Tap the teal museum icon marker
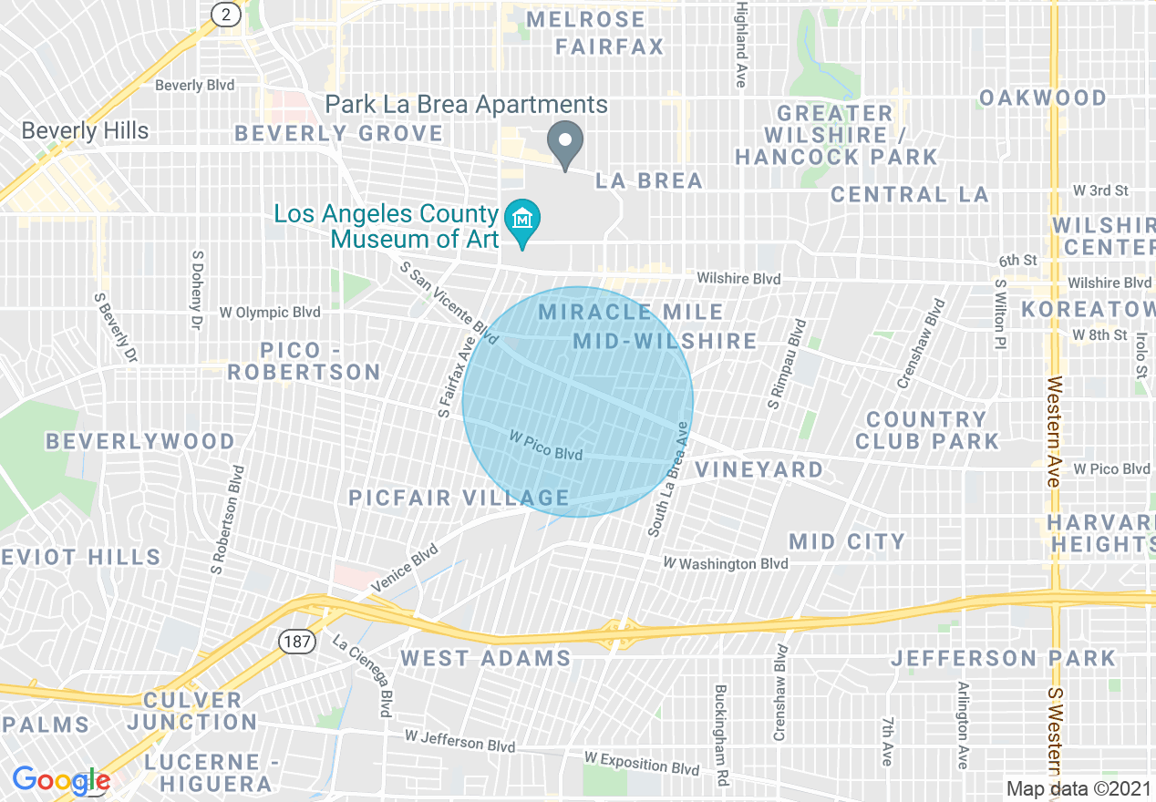(523, 221)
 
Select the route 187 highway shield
(296, 642)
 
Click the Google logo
(60, 780)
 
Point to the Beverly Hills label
(85, 131)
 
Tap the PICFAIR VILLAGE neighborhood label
(459, 498)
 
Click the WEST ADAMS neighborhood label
(485, 658)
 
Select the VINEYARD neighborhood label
(759, 469)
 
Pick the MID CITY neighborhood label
(847, 541)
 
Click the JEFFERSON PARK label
(1003, 658)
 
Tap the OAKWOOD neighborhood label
(1043, 98)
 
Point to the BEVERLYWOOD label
(140, 442)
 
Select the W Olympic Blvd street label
(270, 313)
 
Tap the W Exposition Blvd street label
(642, 763)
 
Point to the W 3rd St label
(1100, 190)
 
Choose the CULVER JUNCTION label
(192, 711)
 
